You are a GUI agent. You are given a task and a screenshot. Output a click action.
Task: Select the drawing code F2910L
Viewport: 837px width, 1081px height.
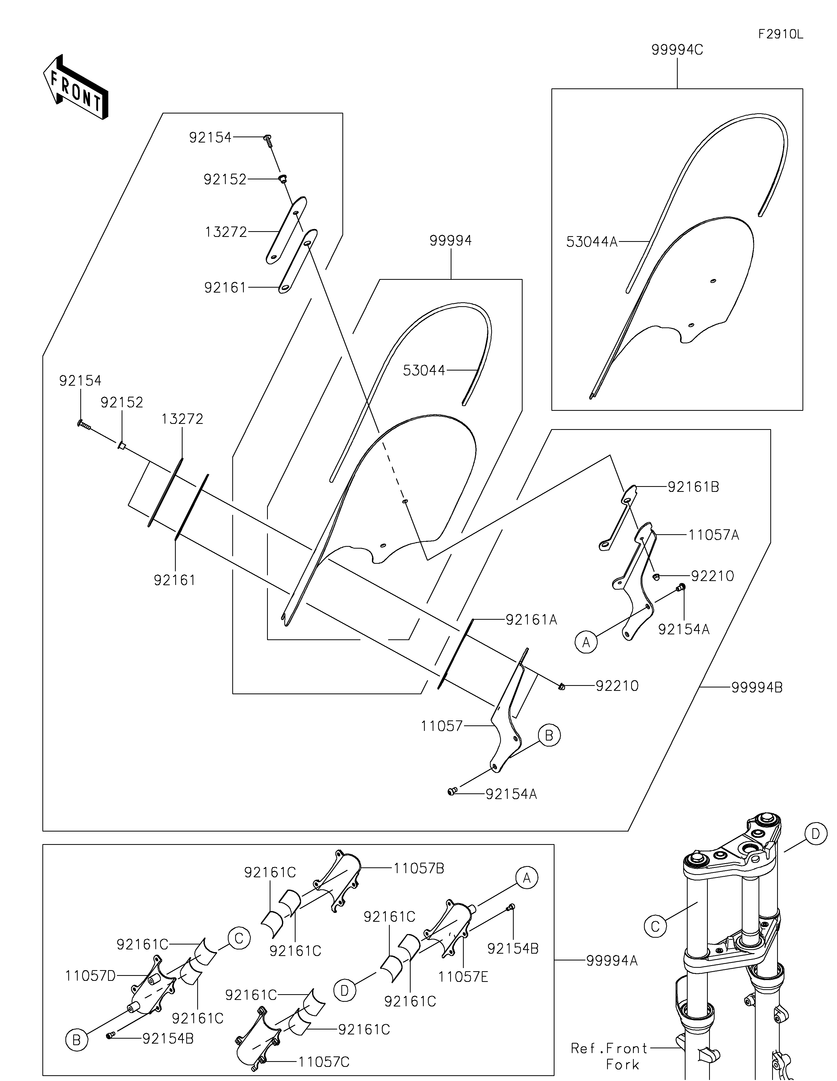(x=781, y=34)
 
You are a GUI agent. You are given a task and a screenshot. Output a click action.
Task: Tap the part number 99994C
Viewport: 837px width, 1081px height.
(x=677, y=50)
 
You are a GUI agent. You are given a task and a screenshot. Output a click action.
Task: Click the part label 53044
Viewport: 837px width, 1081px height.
(x=424, y=370)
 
